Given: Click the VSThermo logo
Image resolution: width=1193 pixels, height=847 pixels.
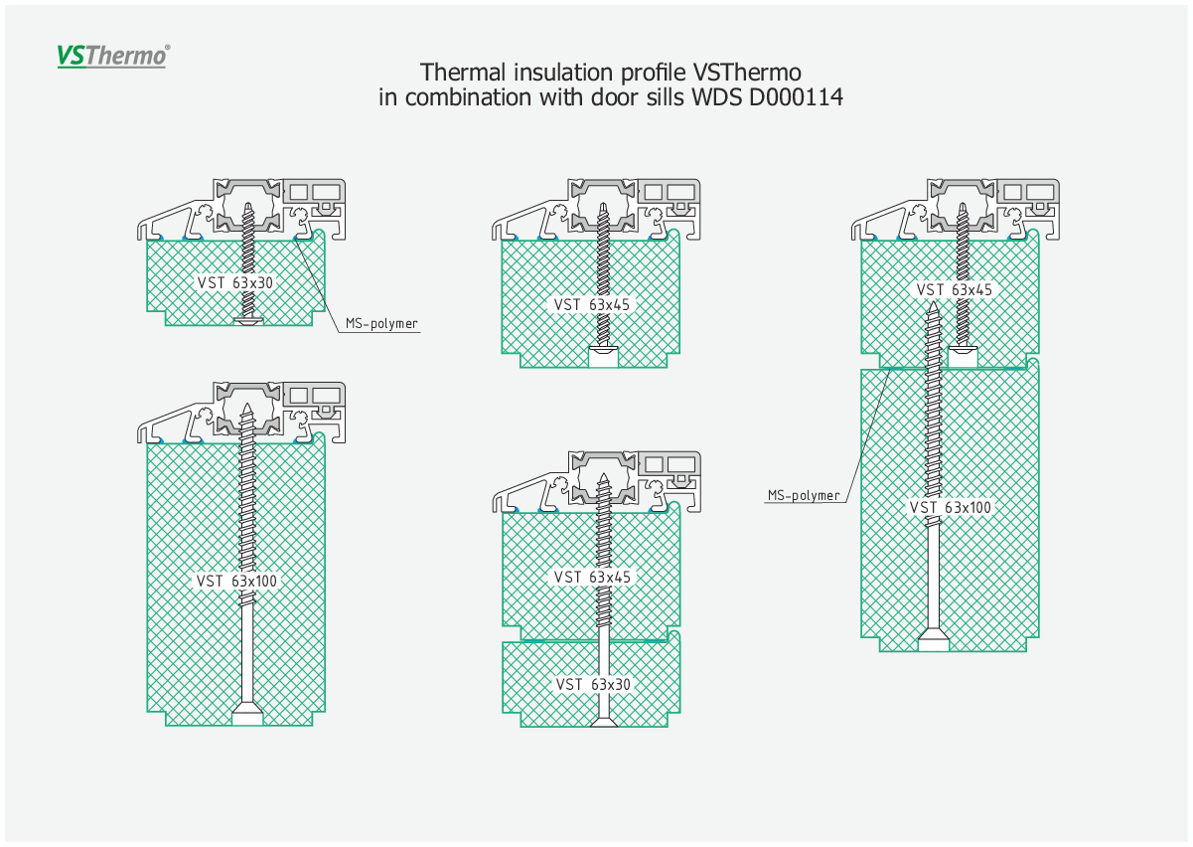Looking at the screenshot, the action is tap(113, 56).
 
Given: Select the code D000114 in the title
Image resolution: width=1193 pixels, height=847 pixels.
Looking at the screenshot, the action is tap(796, 97).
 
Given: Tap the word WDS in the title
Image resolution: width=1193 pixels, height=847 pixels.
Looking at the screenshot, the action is tap(717, 97).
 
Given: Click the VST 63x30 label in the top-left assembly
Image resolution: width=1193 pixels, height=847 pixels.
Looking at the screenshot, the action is tap(234, 283).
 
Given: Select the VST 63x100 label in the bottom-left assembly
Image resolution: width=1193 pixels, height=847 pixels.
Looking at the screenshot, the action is tap(236, 581).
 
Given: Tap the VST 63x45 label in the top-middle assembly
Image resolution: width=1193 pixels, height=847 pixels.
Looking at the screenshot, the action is tap(591, 305).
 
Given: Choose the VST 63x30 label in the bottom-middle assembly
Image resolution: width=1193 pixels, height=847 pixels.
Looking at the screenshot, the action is tap(593, 684).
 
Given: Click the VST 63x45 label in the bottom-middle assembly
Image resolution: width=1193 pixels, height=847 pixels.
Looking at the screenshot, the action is tap(592, 578).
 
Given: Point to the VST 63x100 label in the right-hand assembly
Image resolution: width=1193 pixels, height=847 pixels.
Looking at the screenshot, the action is tap(951, 507).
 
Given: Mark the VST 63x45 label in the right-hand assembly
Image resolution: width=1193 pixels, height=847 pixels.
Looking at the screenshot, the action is tap(954, 290).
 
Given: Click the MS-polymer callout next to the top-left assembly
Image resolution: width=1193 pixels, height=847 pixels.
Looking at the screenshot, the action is tap(381, 323).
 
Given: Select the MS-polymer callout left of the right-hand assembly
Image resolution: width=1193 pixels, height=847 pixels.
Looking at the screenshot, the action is tap(804, 496).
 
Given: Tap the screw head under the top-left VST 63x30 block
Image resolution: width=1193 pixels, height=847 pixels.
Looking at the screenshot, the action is tap(248, 320).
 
